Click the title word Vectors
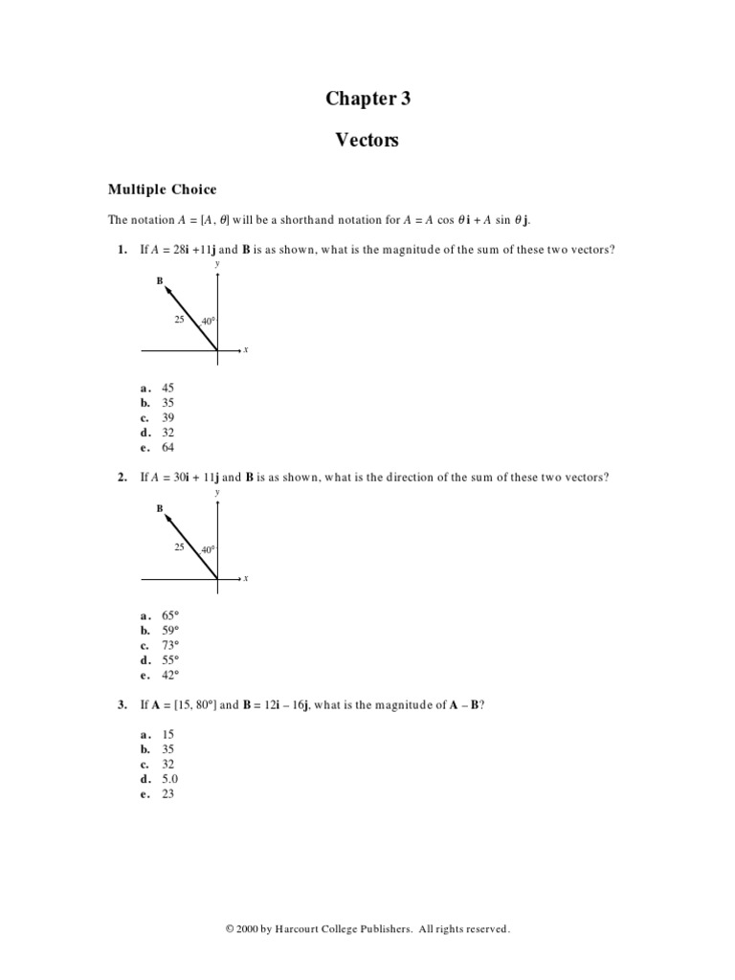(x=367, y=141)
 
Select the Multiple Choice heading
(x=162, y=189)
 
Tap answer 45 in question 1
(x=168, y=388)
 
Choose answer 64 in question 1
(x=168, y=447)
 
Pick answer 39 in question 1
(x=168, y=417)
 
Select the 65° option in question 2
(x=170, y=615)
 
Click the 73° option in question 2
(x=170, y=645)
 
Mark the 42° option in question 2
(x=170, y=675)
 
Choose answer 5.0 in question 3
(x=170, y=779)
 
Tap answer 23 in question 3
(x=168, y=793)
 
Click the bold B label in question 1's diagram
(x=159, y=281)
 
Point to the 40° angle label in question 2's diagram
(x=208, y=550)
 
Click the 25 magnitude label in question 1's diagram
(x=179, y=319)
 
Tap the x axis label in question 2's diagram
(x=246, y=578)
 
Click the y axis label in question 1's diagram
(x=217, y=263)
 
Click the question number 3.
(x=122, y=705)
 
